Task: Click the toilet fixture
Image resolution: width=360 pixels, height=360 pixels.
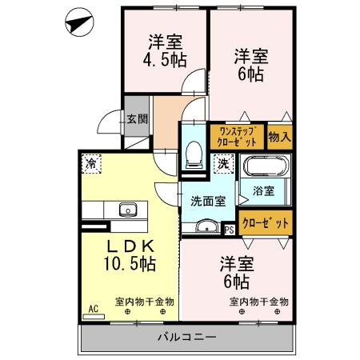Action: pos(193,153)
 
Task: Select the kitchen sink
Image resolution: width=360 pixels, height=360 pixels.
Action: pos(127,210)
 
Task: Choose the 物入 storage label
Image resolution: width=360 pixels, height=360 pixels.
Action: pos(279,137)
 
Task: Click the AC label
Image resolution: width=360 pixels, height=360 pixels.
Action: pos(93,306)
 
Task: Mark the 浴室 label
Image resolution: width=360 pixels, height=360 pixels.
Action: pos(264,191)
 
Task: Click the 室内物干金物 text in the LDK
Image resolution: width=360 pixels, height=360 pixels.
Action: pos(145,302)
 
